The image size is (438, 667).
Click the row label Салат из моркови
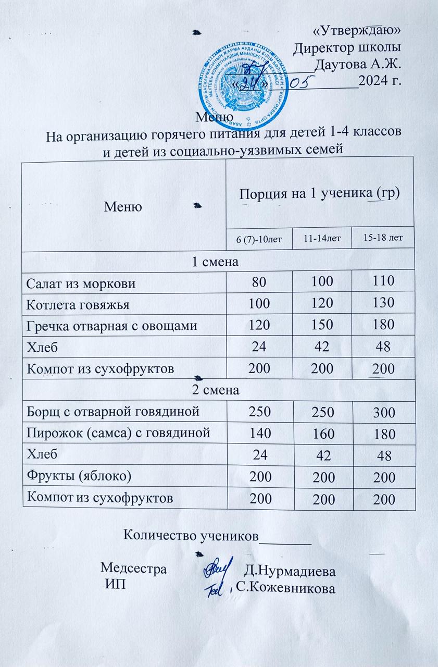pyautogui.click(x=82, y=283)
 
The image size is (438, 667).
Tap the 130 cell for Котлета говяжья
pyautogui.click(x=383, y=303)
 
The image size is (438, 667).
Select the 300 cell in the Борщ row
pyautogui.click(x=383, y=413)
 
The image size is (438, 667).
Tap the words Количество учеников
pyautogui.click(x=191, y=535)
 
